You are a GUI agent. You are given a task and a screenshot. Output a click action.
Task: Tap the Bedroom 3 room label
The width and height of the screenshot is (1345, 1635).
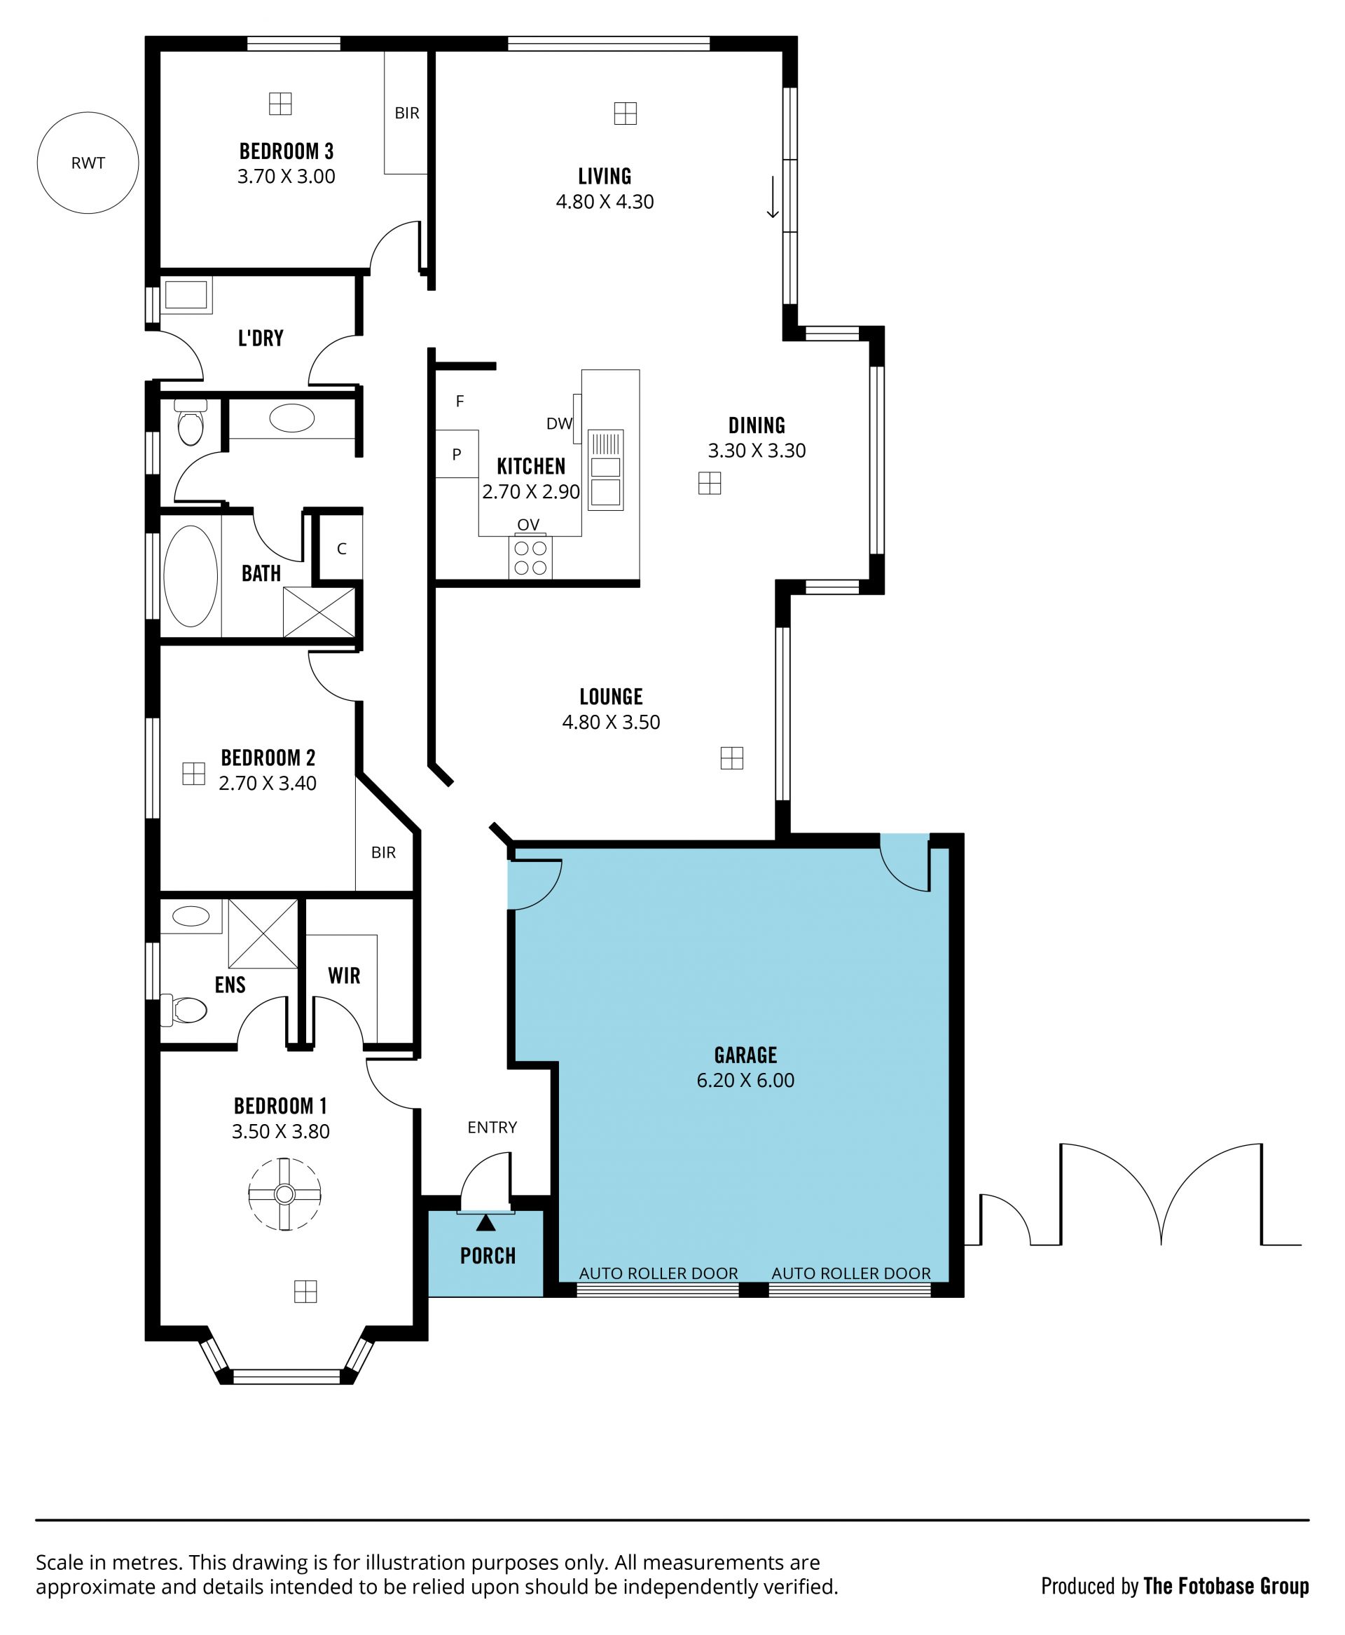[x=286, y=151]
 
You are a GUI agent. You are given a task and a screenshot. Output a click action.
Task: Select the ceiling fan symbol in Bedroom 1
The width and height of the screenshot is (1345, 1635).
[x=284, y=1194]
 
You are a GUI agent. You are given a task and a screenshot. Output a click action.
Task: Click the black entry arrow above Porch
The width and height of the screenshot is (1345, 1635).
[x=485, y=1223]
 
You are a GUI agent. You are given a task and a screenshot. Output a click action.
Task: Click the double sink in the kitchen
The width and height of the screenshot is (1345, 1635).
[x=606, y=470]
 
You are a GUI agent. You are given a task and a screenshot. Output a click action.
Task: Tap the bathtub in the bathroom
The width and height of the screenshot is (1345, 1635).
[x=191, y=576]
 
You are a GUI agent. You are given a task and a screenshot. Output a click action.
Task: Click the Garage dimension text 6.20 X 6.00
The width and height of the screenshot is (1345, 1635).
[x=745, y=1080]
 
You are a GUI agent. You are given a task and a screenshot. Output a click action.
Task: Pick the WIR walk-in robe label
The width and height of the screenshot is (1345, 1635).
[x=344, y=976]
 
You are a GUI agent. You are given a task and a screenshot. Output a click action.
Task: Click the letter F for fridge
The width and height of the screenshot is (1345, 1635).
[x=460, y=402]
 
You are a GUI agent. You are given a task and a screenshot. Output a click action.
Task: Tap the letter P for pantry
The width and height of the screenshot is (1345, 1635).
[x=456, y=454]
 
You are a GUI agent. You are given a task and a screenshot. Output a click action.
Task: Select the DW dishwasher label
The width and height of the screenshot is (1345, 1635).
[x=558, y=424]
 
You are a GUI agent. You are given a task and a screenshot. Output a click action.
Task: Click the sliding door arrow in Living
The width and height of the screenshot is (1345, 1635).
[x=773, y=198]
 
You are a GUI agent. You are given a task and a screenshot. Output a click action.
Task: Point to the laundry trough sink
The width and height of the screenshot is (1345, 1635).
[x=186, y=294]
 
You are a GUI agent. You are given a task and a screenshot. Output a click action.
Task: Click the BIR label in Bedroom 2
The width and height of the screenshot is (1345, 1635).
[x=383, y=852]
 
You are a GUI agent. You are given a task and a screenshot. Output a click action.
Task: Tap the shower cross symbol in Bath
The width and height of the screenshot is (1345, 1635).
[x=319, y=612]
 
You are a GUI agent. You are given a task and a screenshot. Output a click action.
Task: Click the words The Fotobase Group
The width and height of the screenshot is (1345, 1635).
[x=1226, y=1586]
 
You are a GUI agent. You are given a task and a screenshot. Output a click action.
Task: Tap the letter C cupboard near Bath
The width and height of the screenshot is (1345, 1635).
[x=342, y=549]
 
